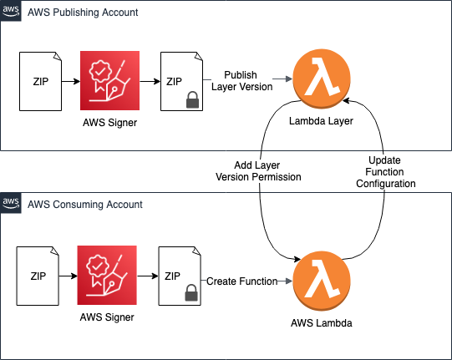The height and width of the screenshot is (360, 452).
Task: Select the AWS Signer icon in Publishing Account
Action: tap(109, 81)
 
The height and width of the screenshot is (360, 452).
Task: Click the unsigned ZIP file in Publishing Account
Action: tap(41, 81)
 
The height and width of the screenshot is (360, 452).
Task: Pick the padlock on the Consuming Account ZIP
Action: tap(190, 292)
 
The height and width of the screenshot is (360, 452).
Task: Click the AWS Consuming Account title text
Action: tap(85, 204)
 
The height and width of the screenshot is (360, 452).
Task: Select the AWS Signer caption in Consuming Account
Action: tap(106, 317)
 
